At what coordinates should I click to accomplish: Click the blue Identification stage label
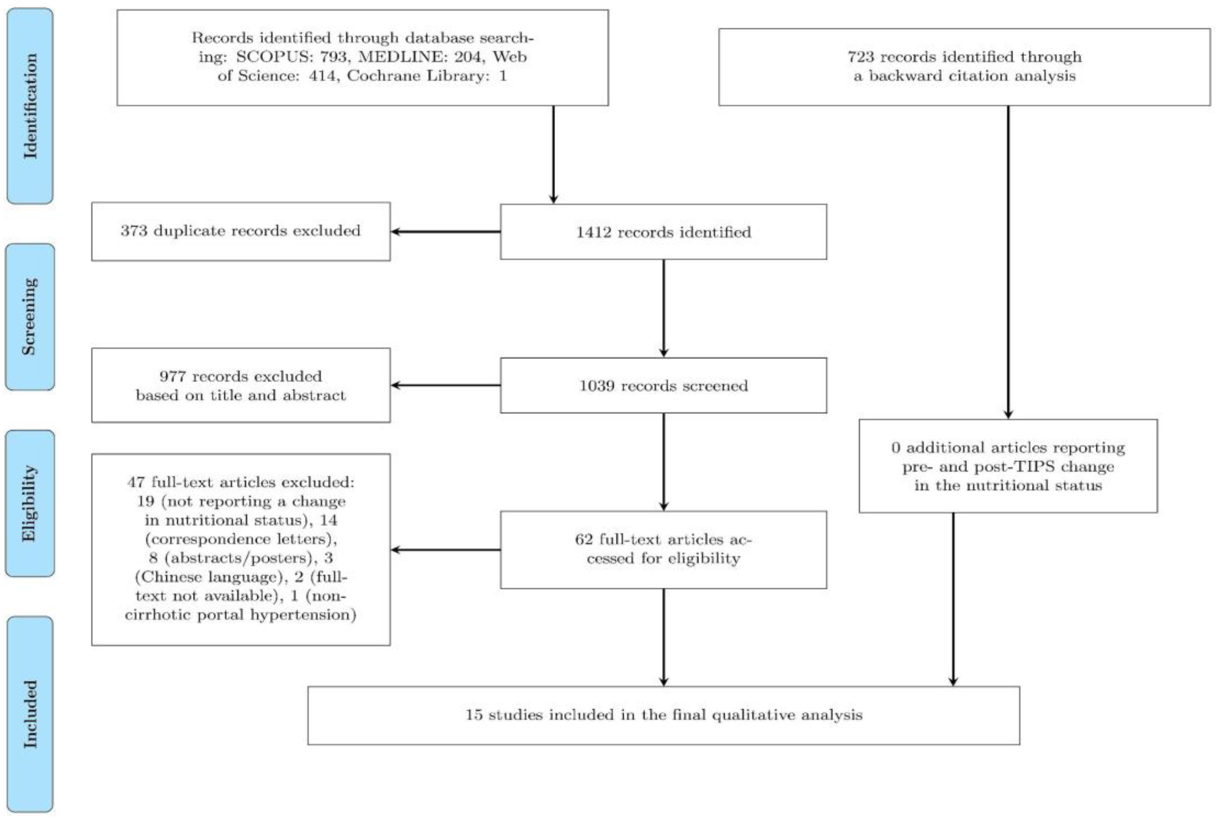pos(30,106)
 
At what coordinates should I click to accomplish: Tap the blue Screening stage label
pos(30,317)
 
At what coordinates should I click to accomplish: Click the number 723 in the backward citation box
pos(861,57)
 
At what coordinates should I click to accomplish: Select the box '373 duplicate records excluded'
pos(241,231)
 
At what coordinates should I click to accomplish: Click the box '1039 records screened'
pos(663,385)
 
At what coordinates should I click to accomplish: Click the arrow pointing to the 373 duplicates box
pos(445,232)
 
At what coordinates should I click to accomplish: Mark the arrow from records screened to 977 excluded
pos(445,385)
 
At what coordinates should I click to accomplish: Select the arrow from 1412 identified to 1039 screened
pos(663,309)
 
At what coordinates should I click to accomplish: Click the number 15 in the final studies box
pos(474,715)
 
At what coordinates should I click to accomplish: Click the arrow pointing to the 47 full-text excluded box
pos(445,550)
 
